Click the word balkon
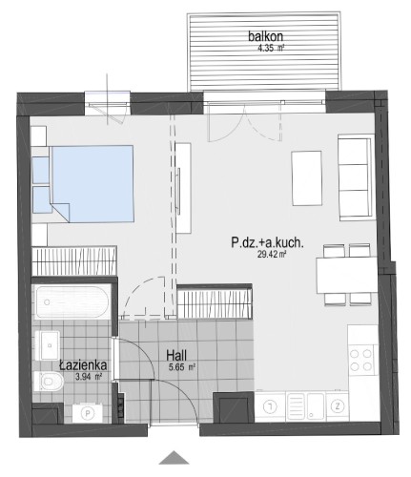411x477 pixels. (x=265, y=36)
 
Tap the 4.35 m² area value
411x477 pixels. (x=271, y=49)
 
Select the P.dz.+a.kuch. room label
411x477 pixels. (x=267, y=243)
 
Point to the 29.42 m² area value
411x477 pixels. (x=271, y=254)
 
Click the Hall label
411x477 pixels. (x=176, y=356)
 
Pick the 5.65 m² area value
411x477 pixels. (x=182, y=367)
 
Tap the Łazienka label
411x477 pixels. (x=83, y=365)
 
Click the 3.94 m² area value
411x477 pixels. (x=88, y=377)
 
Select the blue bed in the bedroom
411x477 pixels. (x=92, y=184)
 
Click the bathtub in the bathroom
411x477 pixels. (x=72, y=302)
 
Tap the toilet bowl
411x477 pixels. (x=50, y=381)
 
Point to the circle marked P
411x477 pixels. (x=87, y=413)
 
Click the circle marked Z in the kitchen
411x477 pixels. (x=337, y=406)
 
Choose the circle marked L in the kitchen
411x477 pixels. (x=270, y=406)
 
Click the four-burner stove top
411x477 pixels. (x=360, y=360)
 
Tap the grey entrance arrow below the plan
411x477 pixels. (x=175, y=457)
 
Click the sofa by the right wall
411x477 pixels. (x=355, y=177)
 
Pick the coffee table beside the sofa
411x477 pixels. (x=307, y=178)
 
